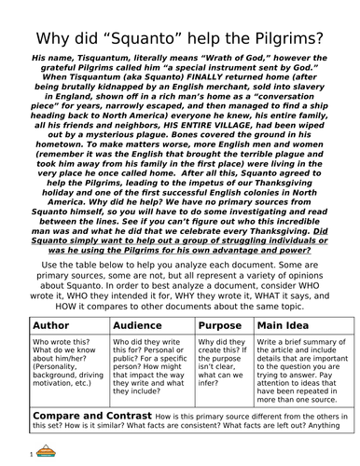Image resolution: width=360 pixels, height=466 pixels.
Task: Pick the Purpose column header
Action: [220, 326]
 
